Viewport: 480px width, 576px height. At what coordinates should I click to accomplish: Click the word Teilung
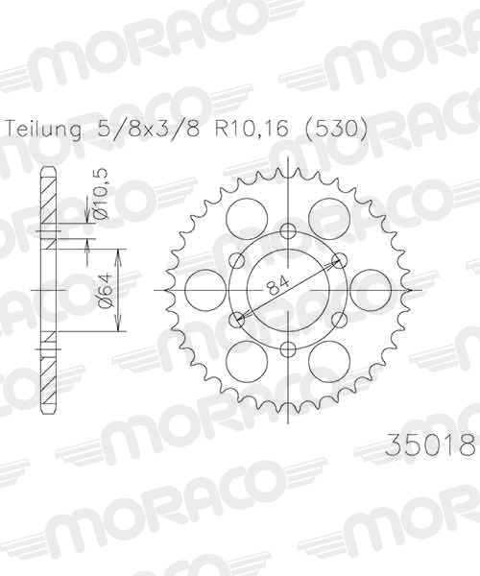(43, 130)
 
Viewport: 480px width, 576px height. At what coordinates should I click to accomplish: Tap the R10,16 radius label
(252, 129)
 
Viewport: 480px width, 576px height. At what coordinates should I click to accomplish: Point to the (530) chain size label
(336, 129)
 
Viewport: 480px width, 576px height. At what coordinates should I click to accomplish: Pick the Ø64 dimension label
(106, 290)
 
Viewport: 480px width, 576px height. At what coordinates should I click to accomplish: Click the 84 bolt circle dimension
(277, 285)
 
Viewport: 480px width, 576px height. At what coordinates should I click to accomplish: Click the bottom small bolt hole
(288, 349)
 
